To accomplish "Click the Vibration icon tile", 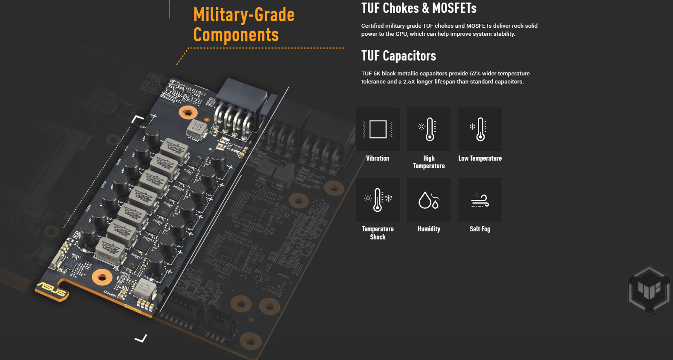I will [378, 129].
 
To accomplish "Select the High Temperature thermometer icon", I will [429, 129].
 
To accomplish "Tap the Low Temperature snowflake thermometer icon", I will [480, 129].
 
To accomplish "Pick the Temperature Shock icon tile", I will [378, 200].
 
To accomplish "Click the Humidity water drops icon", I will [429, 200].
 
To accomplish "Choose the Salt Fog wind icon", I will [480, 200].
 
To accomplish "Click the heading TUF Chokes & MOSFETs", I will [419, 8].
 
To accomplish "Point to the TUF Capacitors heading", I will [399, 56].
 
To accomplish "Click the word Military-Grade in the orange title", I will [244, 15].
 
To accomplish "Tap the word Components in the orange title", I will [236, 35].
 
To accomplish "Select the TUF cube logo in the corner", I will [649, 290].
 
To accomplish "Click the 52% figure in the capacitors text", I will [475, 74].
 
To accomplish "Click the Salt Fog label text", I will [480, 229].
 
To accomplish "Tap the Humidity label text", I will [429, 229].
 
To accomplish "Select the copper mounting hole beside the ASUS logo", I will [102, 278].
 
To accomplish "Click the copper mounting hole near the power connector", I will [188, 112].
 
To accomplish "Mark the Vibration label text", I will [378, 158].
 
